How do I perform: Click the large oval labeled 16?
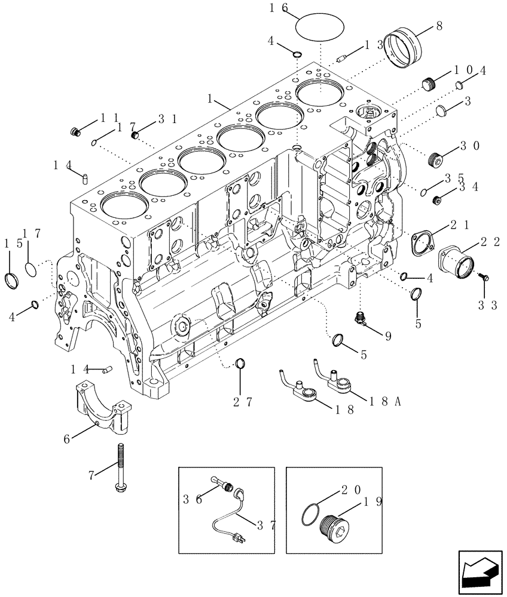coord(321,24)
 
